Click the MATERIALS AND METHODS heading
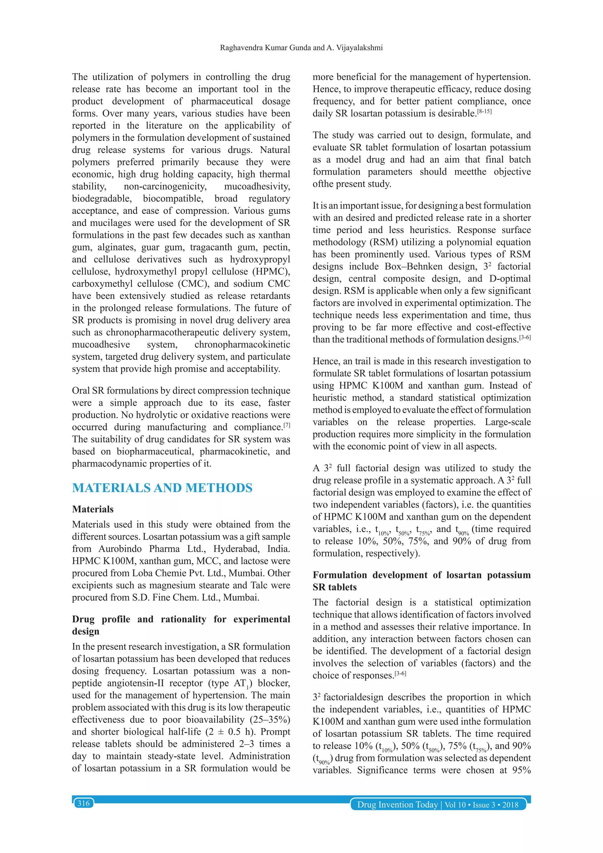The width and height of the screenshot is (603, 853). [x=162, y=488]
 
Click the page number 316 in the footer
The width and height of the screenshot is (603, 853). [x=83, y=804]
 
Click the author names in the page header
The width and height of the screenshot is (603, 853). [x=301, y=48]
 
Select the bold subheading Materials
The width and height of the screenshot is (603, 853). [x=93, y=509]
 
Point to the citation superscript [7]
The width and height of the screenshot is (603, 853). [x=286, y=425]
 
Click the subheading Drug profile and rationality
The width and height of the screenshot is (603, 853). [x=181, y=619]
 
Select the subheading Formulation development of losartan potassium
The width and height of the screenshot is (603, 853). [x=421, y=575]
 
